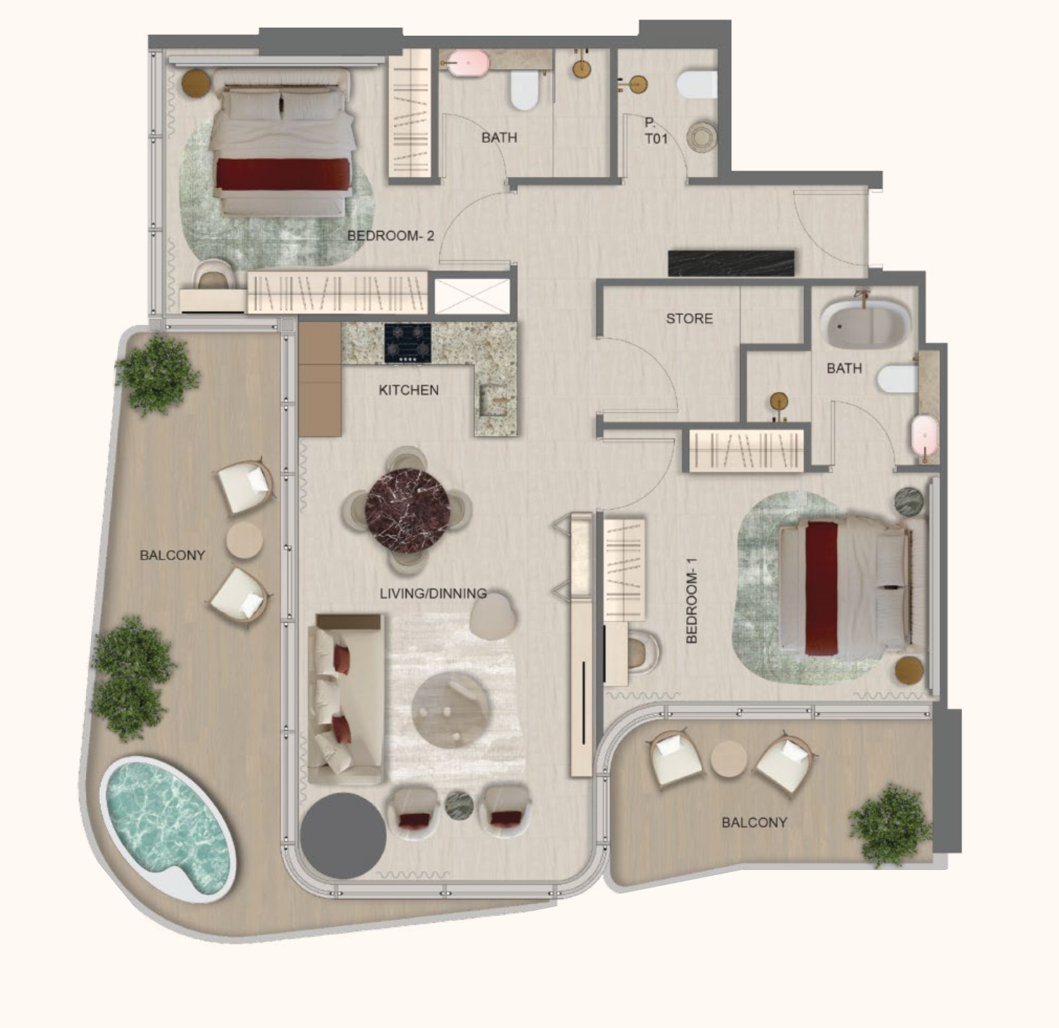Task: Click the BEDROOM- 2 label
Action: click(x=390, y=236)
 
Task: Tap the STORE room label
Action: click(x=689, y=318)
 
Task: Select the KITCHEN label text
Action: click(x=409, y=390)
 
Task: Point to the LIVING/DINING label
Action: click(x=433, y=594)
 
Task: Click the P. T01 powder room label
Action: click(x=656, y=131)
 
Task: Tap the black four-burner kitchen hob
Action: click(x=408, y=343)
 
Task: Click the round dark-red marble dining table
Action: click(x=407, y=511)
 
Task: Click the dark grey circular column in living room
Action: click(x=343, y=836)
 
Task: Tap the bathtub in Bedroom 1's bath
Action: click(x=865, y=323)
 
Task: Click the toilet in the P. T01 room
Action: click(x=696, y=85)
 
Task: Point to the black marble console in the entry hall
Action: click(x=731, y=264)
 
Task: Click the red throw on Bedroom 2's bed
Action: click(x=283, y=174)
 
